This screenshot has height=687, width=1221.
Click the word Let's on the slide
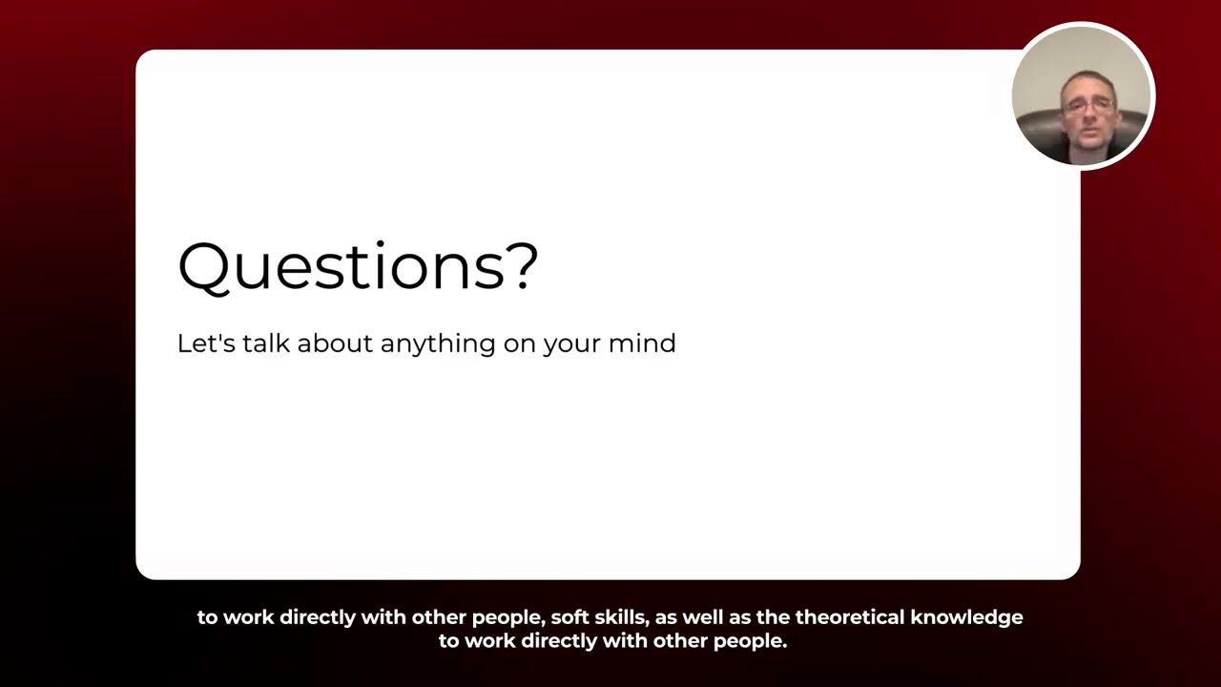(206, 343)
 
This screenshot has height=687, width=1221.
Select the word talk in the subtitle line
(266, 343)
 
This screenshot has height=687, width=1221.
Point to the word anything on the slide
(438, 344)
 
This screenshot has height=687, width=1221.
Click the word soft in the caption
(569, 617)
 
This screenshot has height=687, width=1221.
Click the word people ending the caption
(753, 642)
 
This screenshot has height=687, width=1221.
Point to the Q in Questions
(203, 266)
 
